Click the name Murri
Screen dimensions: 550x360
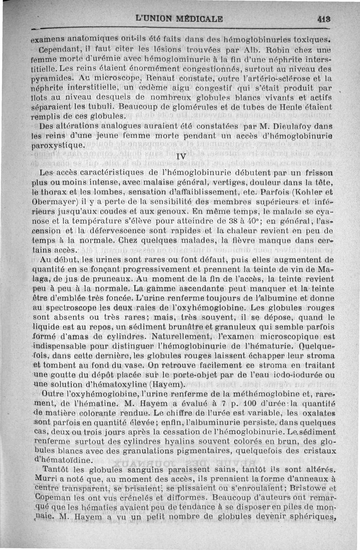45,479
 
